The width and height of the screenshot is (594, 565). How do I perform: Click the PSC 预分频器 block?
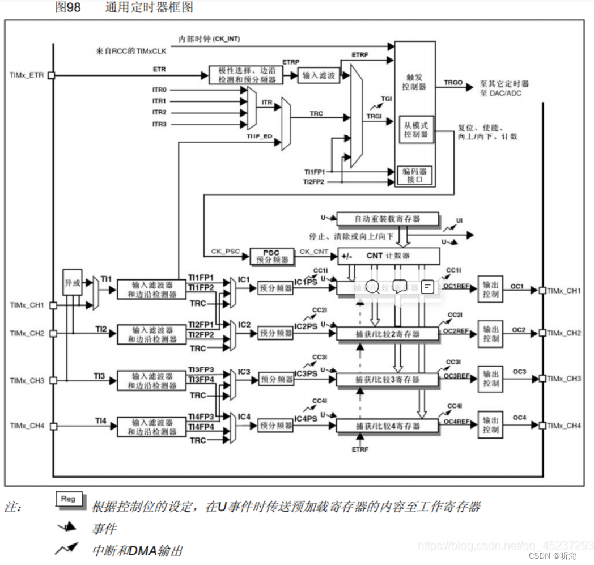pyautogui.click(x=273, y=256)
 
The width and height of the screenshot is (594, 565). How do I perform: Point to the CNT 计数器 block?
pyautogui.click(x=388, y=256)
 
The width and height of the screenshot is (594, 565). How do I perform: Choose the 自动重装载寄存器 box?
pyautogui.click(x=388, y=219)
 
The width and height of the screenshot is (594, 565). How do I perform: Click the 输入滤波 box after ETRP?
pyautogui.click(x=319, y=75)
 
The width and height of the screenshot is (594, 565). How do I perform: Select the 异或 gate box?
pyautogui.click(x=73, y=282)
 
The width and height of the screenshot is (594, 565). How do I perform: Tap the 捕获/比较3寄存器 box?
pyautogui.click(x=388, y=380)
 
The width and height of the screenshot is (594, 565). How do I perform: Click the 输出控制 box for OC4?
pyautogui.click(x=490, y=426)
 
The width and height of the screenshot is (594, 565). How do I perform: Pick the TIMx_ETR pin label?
pyautogui.click(x=27, y=75)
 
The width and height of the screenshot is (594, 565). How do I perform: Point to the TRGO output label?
pyautogui.click(x=453, y=83)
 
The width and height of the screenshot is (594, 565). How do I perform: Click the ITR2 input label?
pyautogui.click(x=159, y=112)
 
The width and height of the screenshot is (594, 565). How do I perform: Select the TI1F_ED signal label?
pyautogui.click(x=259, y=137)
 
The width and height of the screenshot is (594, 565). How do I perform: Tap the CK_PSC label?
pyautogui.click(x=224, y=250)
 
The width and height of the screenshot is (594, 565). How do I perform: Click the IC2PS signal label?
pyautogui.click(x=306, y=327)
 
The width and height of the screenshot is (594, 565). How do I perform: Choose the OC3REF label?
pyautogui.click(x=456, y=376)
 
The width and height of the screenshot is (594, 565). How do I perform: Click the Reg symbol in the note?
pyautogui.click(x=68, y=499)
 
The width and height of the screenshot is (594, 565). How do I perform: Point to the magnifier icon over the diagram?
pyautogui.click(x=372, y=287)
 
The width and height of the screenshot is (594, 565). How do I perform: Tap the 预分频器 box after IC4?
pyautogui.click(x=275, y=425)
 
